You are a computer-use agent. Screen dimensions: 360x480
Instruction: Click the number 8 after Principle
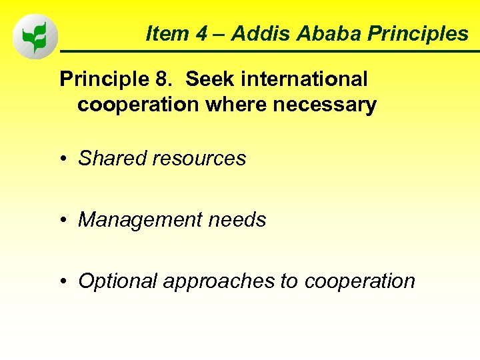pos(162,79)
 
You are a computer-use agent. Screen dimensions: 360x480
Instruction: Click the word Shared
pos(112,159)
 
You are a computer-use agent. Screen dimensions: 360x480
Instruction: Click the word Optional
pos(117,281)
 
